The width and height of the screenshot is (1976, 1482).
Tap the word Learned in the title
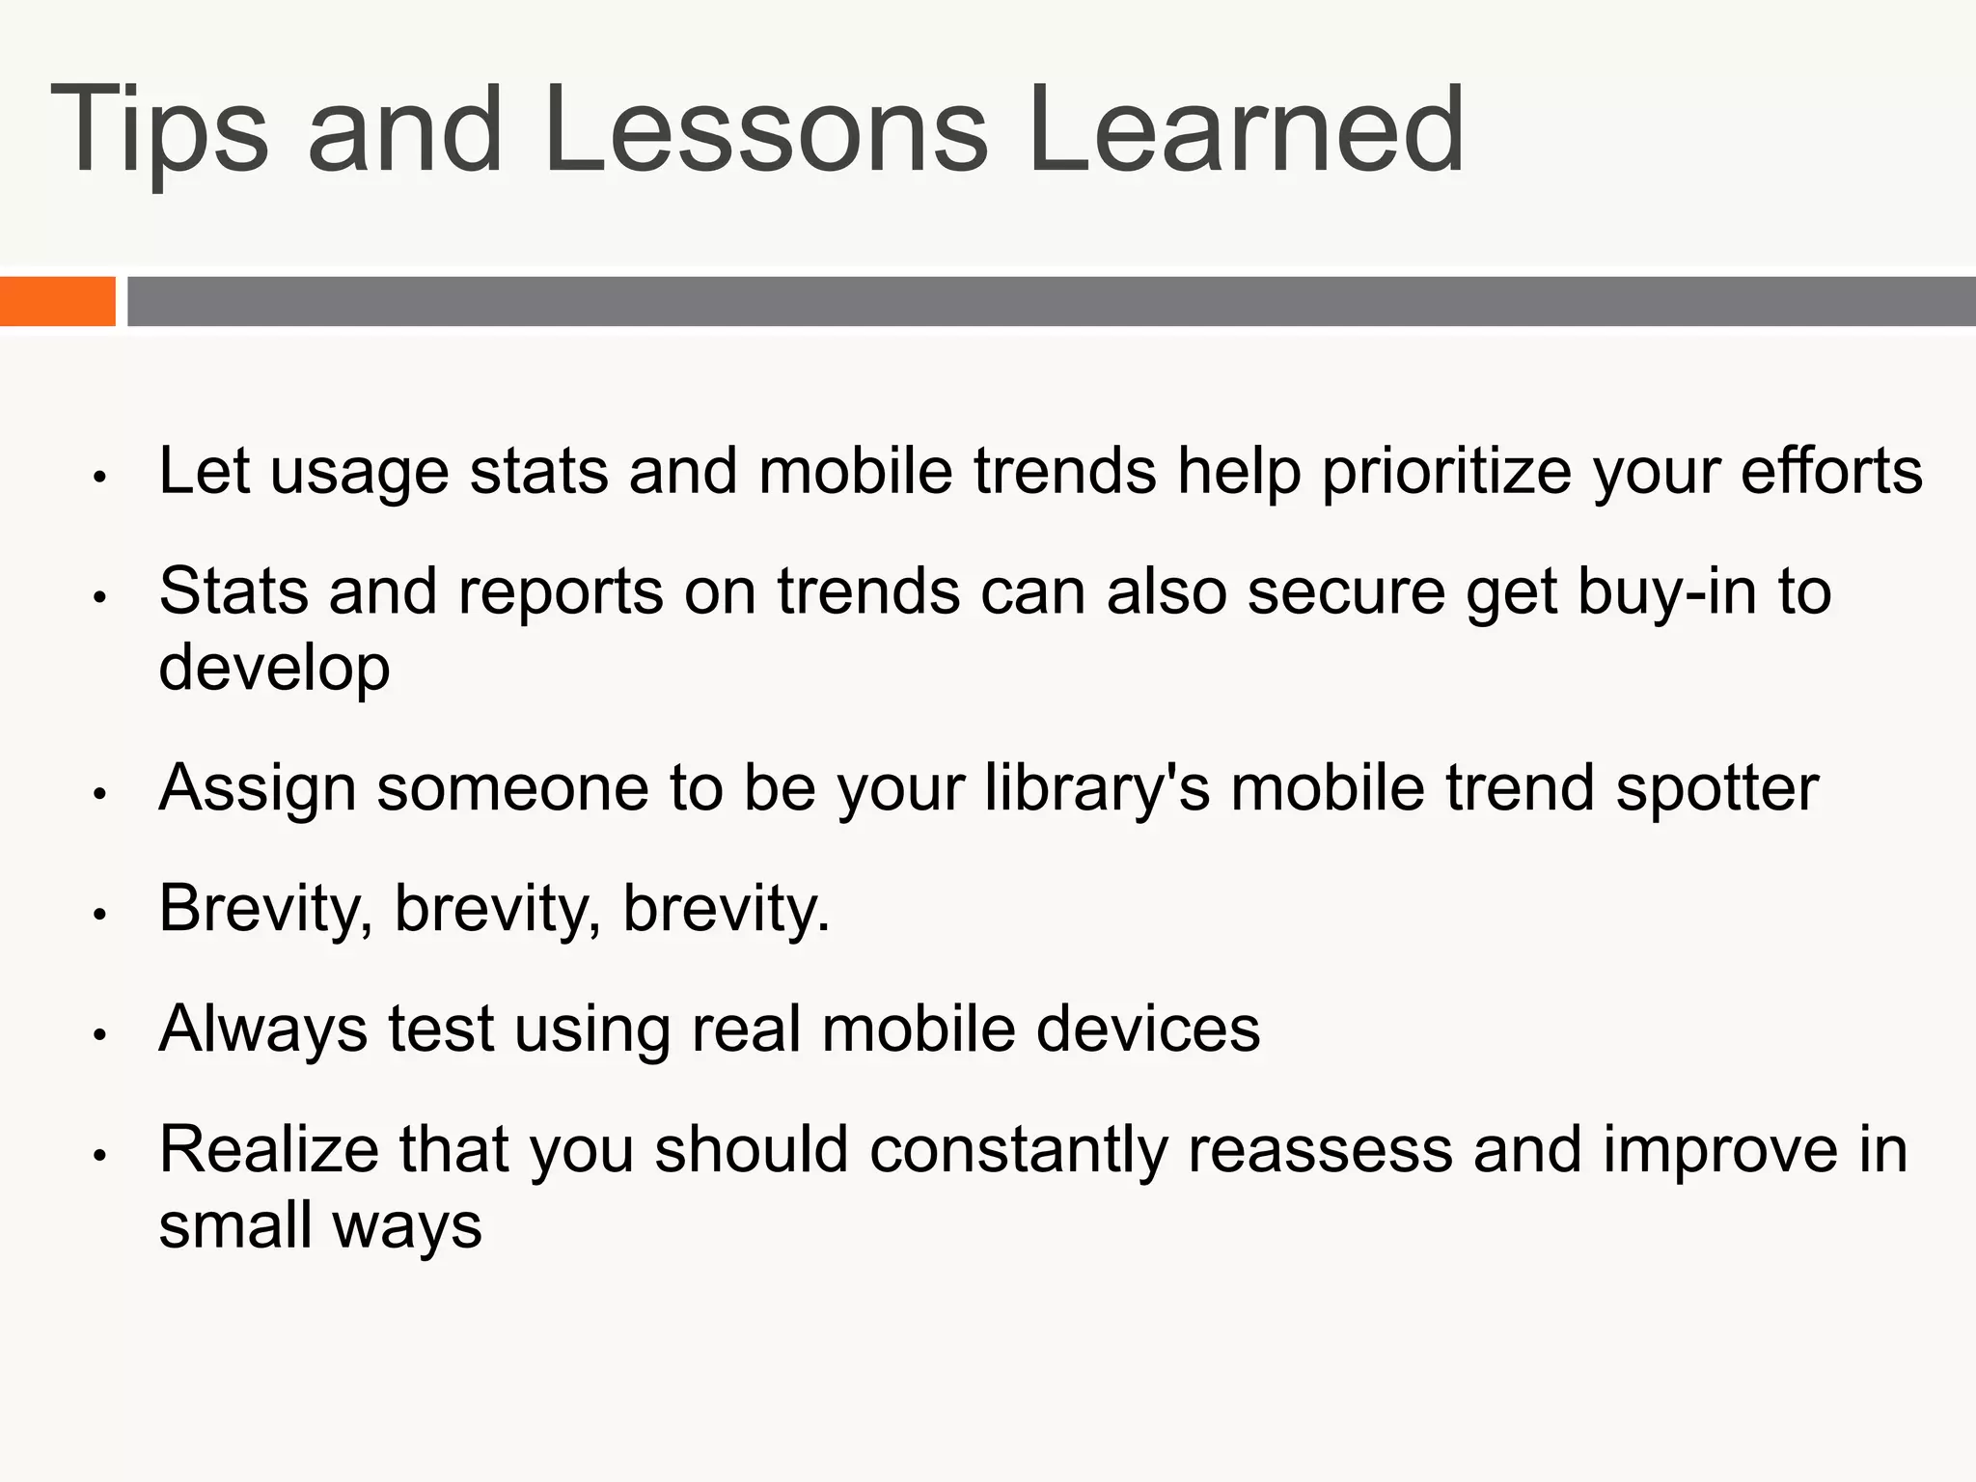click(1245, 130)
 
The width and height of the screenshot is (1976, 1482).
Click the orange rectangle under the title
click(57, 301)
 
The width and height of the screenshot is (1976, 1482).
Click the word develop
click(274, 669)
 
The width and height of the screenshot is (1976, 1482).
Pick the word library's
click(1097, 789)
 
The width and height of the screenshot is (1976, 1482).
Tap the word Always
click(262, 1029)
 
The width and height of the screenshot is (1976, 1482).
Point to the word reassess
click(1320, 1151)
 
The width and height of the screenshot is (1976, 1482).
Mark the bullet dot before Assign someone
click(98, 793)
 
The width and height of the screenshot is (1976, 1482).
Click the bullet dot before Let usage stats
click(98, 477)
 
